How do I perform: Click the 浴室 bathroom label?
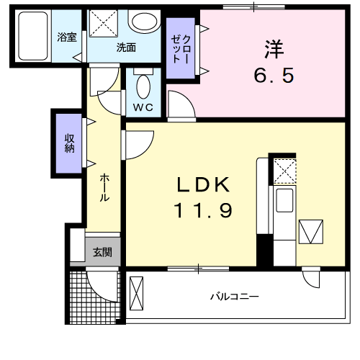click(68, 37)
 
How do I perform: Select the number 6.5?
click(274, 76)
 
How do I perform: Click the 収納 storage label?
click(69, 142)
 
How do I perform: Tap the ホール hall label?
click(105, 186)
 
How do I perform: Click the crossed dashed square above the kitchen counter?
click(282, 170)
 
